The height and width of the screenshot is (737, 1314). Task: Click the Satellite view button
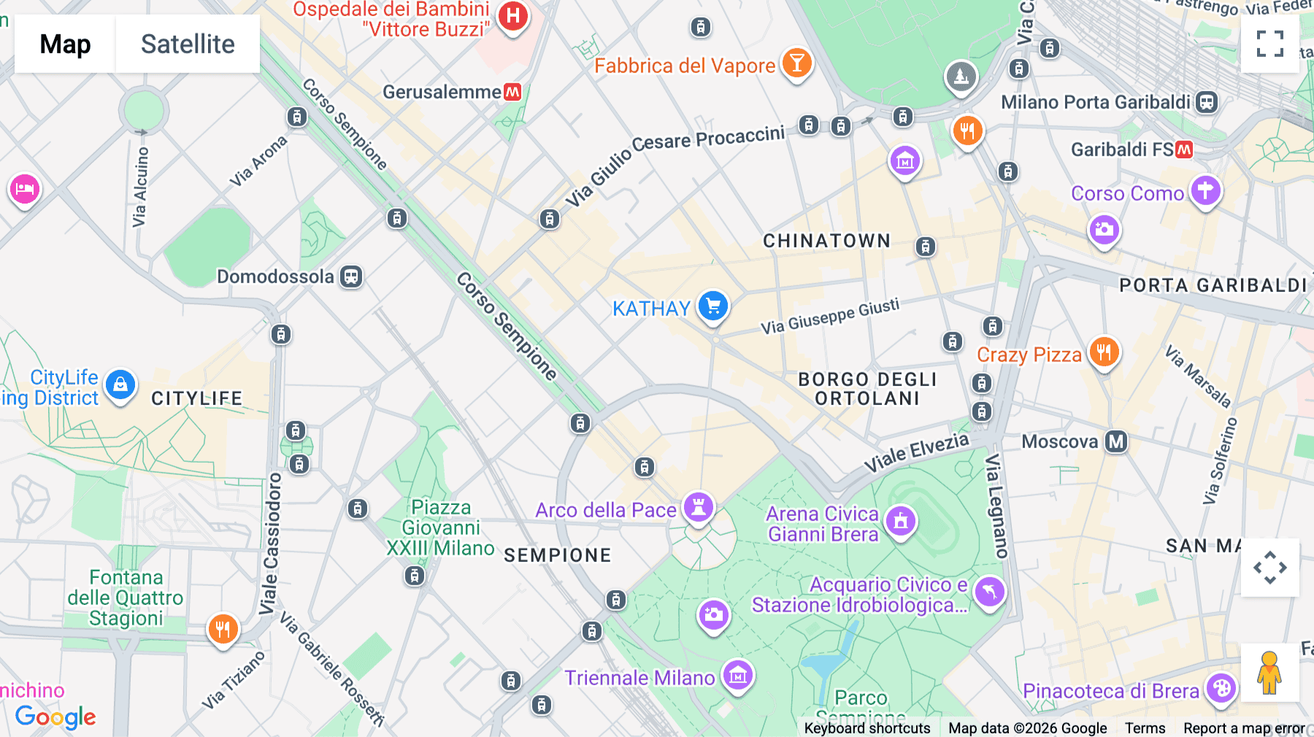coord(188,44)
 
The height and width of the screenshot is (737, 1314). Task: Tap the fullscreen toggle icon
coord(1269,44)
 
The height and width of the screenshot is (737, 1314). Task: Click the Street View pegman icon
coord(1269,673)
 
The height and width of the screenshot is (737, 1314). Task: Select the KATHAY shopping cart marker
coord(713,306)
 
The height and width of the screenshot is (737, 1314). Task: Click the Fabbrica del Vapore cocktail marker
coord(796,63)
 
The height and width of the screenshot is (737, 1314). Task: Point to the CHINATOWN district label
coord(826,241)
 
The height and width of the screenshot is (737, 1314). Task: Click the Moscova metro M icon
coord(1116,441)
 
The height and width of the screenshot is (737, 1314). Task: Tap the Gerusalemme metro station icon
coord(512,92)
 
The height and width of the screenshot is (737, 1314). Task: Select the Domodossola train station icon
coord(351,277)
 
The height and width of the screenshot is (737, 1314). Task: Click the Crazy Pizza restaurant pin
coord(1104,352)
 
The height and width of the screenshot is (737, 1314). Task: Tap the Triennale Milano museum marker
coord(737,676)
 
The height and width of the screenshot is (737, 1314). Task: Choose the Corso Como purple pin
coord(1205,190)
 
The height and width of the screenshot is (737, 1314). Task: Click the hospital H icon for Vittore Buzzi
coord(513,15)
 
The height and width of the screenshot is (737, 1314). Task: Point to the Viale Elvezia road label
coord(916,452)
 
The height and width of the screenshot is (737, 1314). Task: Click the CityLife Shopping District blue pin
coord(120,384)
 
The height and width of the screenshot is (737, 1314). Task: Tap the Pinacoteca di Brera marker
coord(1221,687)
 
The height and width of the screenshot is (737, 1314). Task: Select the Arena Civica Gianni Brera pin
coord(900,521)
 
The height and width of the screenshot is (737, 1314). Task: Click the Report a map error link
coord(1244,728)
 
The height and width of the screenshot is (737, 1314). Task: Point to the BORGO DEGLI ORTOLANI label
coord(867,389)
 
